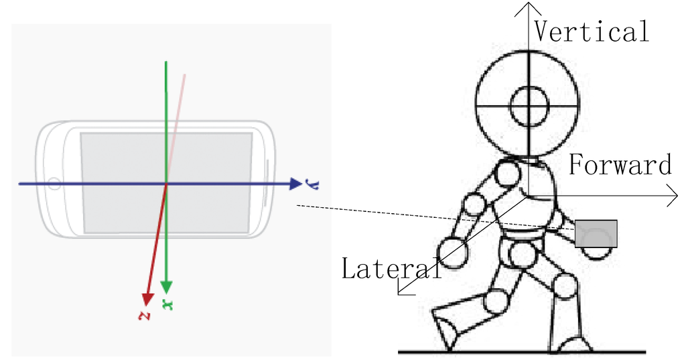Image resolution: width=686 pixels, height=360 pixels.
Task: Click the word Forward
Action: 620,165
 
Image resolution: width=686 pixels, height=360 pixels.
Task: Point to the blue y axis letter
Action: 310,183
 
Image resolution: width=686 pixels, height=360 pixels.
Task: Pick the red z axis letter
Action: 142,315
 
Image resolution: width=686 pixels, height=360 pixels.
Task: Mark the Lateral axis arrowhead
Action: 401,289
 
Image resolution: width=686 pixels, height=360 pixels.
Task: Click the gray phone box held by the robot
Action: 596,233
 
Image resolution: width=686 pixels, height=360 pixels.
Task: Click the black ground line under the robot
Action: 523,351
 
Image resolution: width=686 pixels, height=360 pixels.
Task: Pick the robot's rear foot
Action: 445,328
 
